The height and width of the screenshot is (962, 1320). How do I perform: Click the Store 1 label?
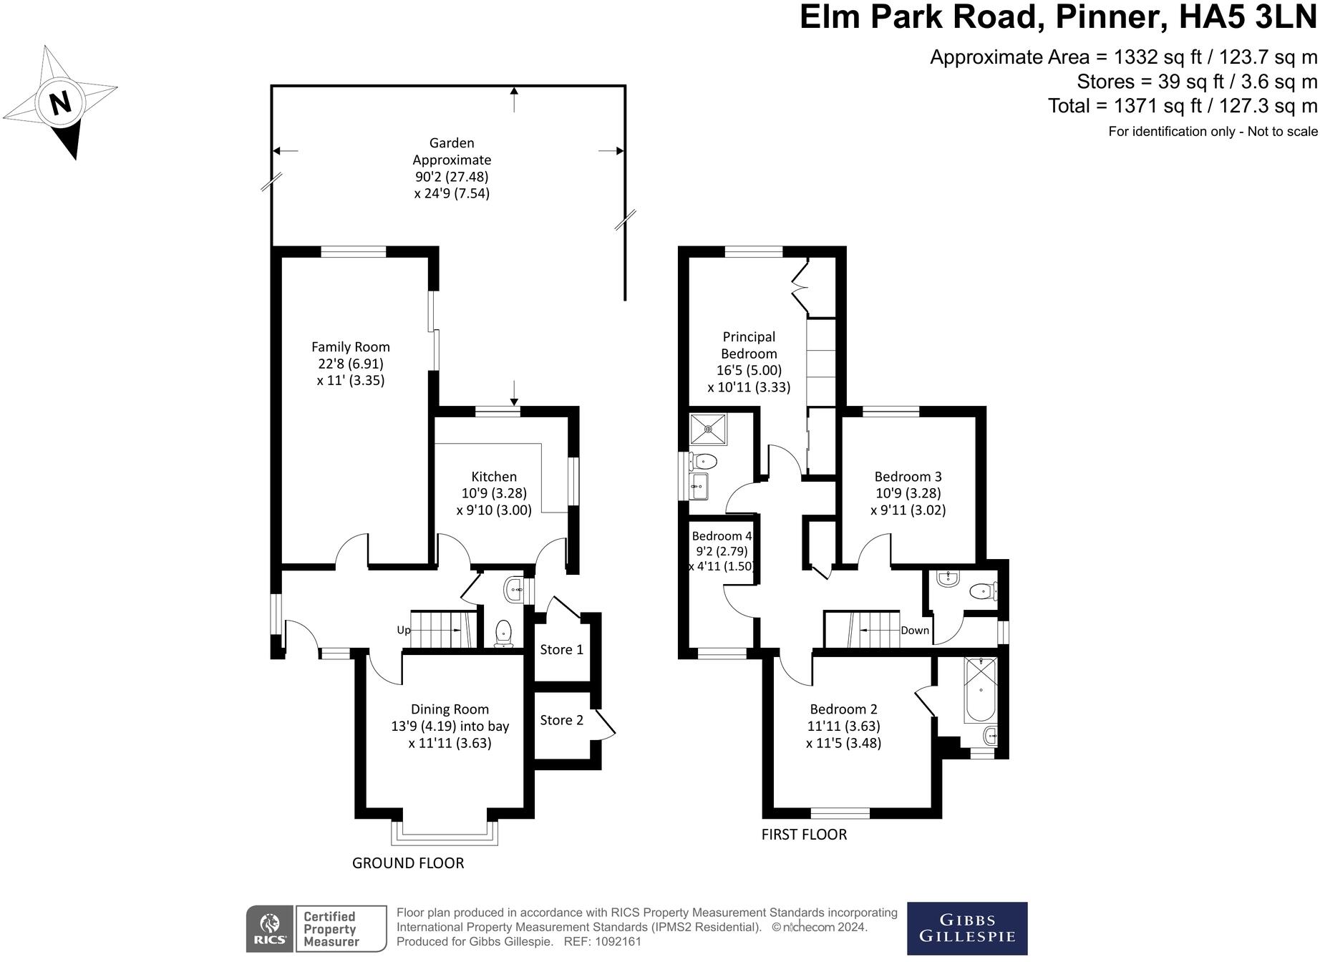click(x=561, y=650)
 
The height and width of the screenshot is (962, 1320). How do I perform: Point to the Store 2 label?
click(x=561, y=720)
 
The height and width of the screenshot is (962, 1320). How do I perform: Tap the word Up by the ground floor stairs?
click(x=404, y=631)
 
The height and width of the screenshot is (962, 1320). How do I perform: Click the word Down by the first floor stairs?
click(x=915, y=631)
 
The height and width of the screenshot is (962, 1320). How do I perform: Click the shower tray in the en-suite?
click(x=708, y=429)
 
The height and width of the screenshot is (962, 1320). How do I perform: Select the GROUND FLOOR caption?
click(x=408, y=863)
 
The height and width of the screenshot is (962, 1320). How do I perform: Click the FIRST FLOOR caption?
click(x=804, y=835)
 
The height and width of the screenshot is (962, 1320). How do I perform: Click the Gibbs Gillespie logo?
click(x=967, y=928)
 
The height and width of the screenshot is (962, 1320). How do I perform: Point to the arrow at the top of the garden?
click(x=514, y=99)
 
